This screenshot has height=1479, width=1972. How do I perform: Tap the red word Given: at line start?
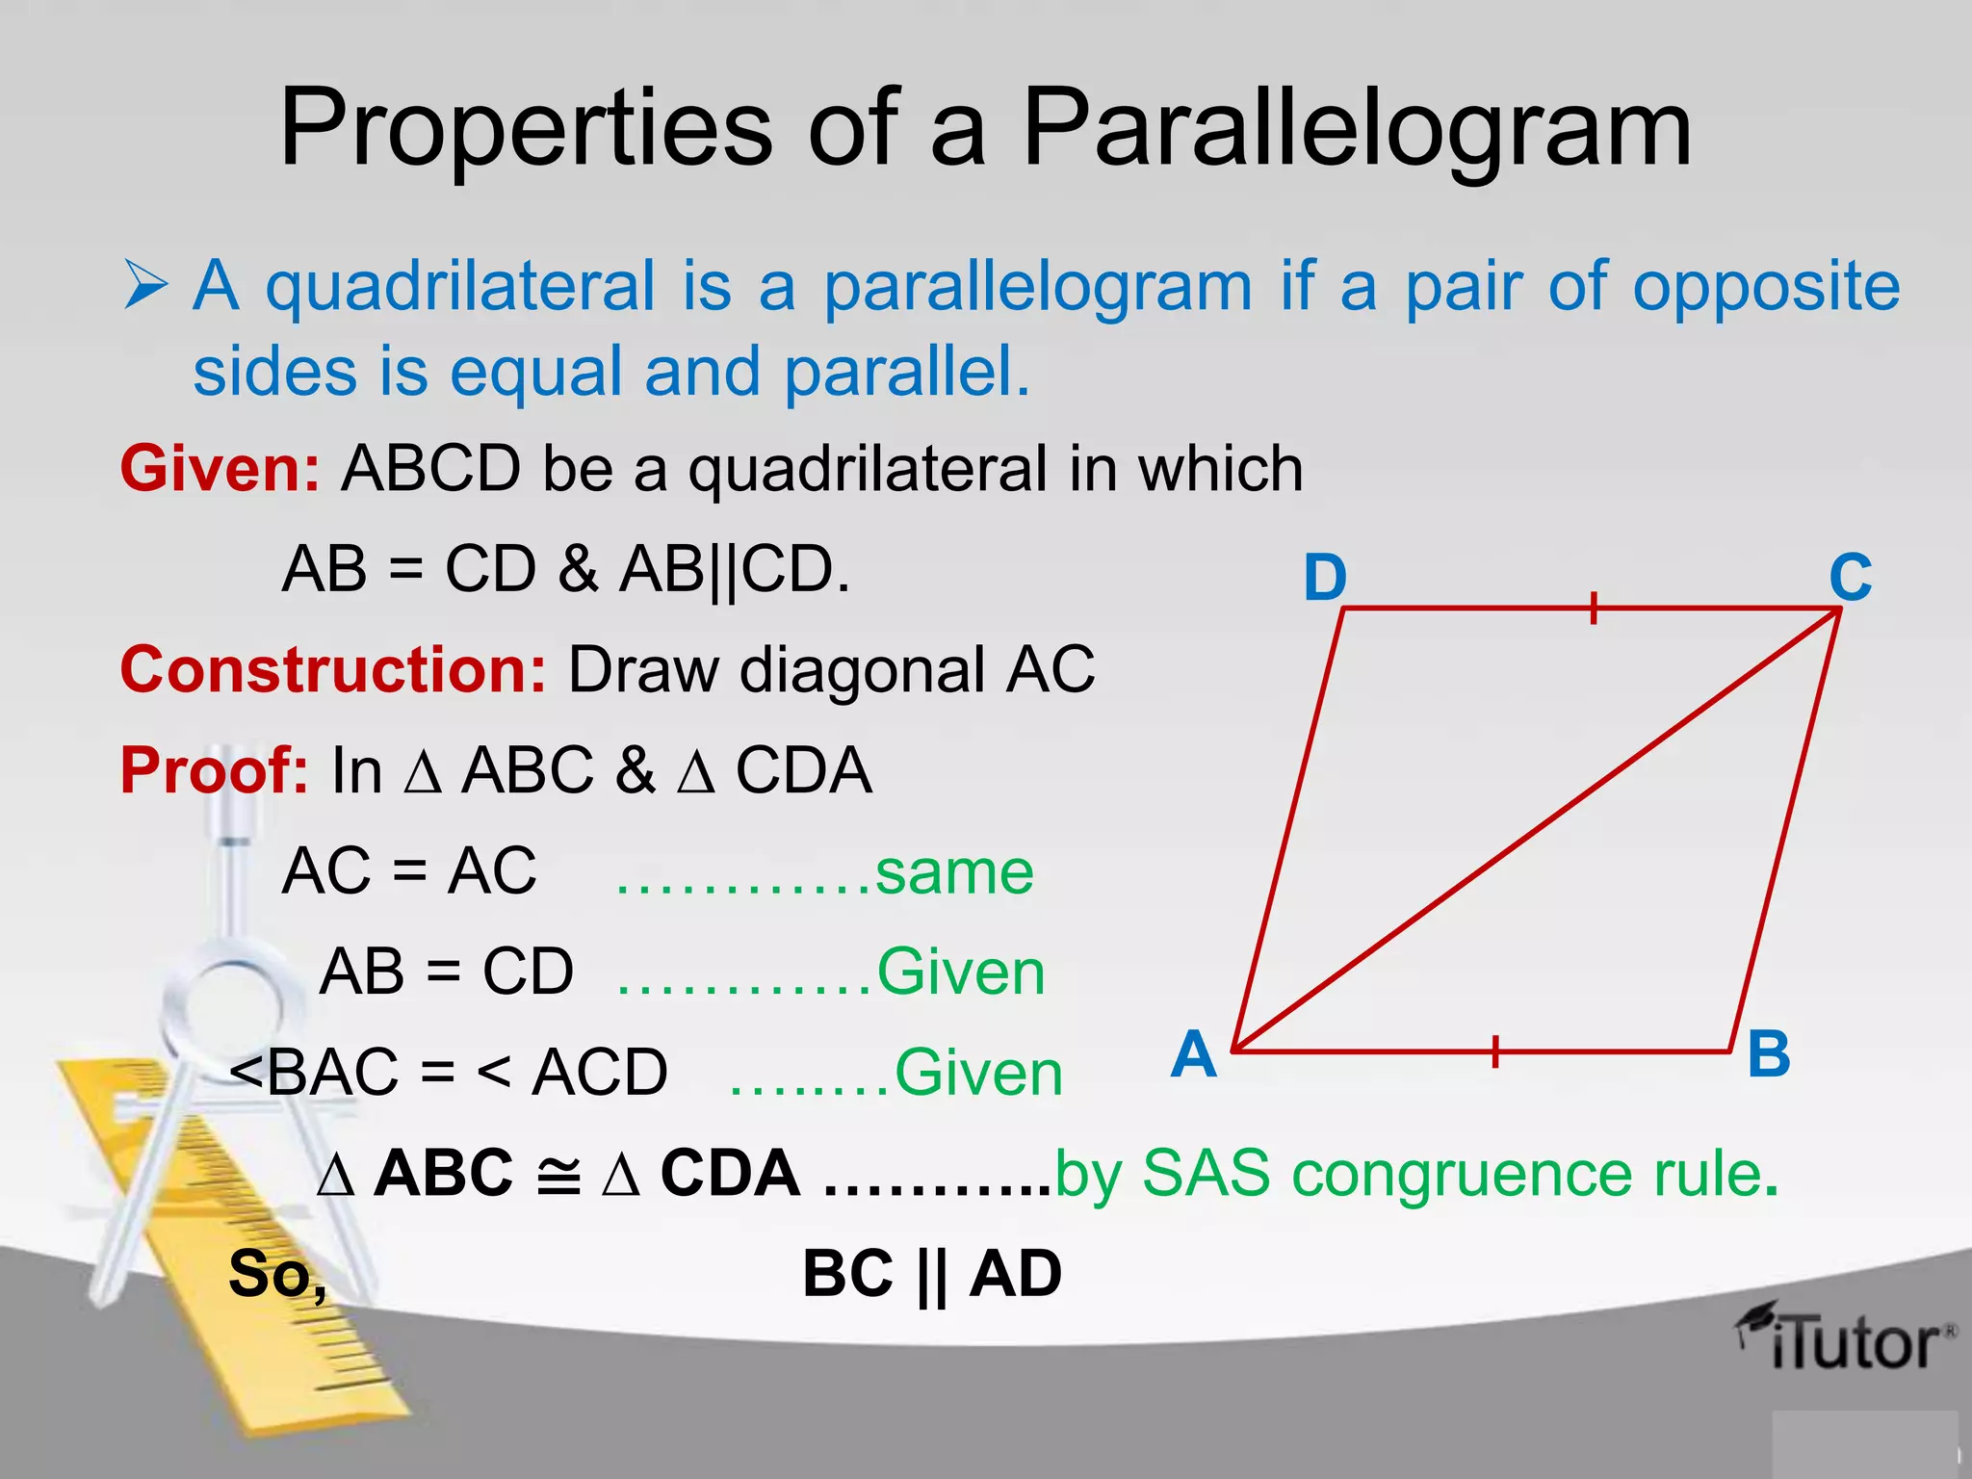click(220, 469)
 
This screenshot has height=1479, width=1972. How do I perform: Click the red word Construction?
click(333, 669)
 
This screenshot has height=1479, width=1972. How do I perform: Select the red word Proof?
click(214, 770)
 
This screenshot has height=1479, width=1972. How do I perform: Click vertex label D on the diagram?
click(1325, 578)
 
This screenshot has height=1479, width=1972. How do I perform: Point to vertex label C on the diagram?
click(1851, 577)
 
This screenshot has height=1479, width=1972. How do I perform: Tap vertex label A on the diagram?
click(1194, 1053)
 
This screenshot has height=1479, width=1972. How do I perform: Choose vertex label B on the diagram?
click(1769, 1053)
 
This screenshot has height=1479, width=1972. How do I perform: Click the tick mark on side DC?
click(1594, 609)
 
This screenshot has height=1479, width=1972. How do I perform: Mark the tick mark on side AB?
click(1494, 1051)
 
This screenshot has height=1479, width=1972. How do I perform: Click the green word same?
click(954, 872)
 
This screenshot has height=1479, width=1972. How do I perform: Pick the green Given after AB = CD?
click(960, 973)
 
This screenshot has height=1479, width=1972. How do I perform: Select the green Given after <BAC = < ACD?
click(978, 1073)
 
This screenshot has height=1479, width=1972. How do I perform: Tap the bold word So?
click(277, 1275)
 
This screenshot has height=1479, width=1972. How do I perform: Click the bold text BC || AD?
click(931, 1275)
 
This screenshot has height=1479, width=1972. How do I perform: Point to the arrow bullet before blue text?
click(145, 287)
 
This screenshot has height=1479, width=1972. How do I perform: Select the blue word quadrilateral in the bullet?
click(460, 287)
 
